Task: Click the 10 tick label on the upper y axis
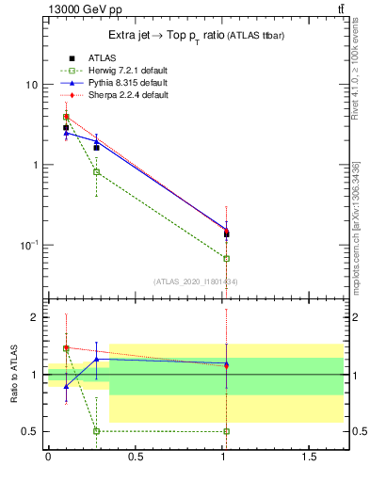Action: tap(30, 85)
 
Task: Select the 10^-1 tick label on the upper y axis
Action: tap(28, 245)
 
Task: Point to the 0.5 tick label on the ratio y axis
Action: tap(30, 431)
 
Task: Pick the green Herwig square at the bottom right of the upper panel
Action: tap(226, 258)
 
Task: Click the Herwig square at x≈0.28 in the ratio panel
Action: tap(96, 431)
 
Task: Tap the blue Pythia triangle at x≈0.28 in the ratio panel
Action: tap(96, 359)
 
